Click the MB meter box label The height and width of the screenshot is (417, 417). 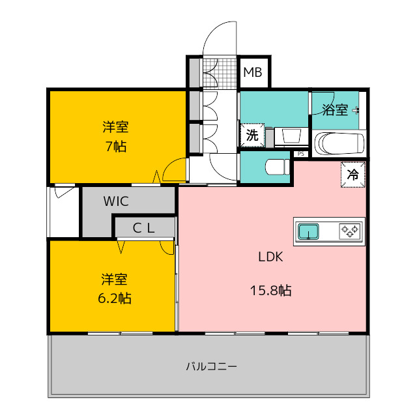253,72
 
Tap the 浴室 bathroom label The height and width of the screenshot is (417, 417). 335,109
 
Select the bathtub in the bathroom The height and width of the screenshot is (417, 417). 339,143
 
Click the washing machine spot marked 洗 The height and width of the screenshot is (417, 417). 252,135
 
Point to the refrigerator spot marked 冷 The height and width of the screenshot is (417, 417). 353,175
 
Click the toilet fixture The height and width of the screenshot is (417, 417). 277,167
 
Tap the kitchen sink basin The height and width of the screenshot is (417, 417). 308,231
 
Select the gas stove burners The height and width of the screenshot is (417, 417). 350,231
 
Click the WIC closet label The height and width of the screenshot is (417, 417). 116,201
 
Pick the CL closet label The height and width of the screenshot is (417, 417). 143,228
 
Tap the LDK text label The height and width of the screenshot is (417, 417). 270,257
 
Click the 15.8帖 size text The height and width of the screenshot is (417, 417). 271,291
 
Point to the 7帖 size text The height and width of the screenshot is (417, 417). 116,146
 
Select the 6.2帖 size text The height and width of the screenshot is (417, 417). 115,298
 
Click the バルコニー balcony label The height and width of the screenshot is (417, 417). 211,367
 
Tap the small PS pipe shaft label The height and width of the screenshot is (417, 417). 301,154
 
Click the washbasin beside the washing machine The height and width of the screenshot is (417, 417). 291,136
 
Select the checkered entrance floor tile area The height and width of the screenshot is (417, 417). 220,72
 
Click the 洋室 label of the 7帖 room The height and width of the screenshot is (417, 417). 116,127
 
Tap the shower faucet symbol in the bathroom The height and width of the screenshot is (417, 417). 356,110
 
